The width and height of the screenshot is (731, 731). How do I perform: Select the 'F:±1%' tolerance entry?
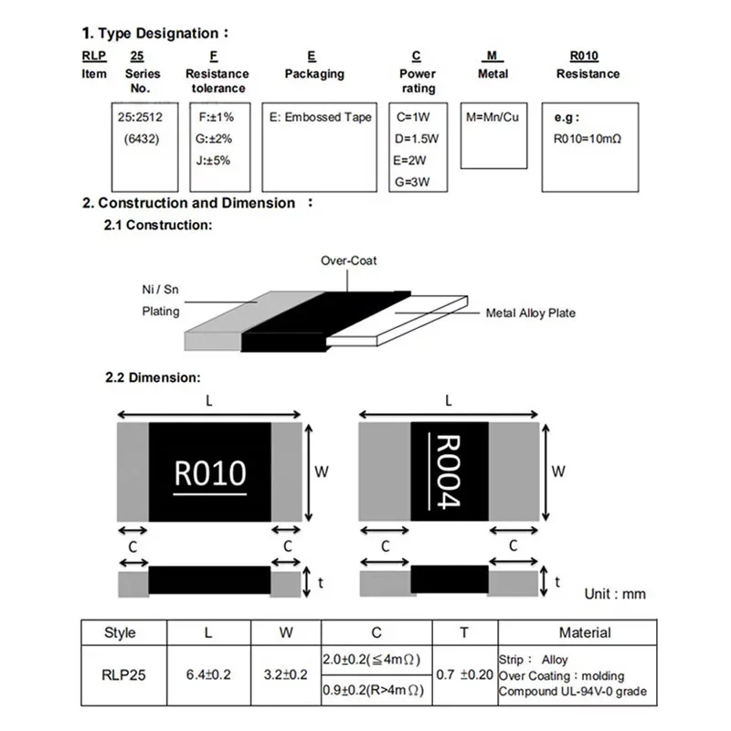click(x=216, y=118)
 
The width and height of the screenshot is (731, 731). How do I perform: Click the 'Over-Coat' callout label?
click(x=348, y=260)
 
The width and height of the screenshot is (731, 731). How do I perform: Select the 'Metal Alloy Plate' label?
click(x=530, y=313)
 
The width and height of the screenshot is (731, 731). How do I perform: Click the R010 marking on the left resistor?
click(x=209, y=473)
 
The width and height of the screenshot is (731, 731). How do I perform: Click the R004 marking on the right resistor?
click(x=450, y=471)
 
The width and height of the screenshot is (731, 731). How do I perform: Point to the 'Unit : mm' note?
click(x=615, y=594)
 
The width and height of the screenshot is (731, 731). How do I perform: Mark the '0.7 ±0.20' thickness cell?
click(x=463, y=674)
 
